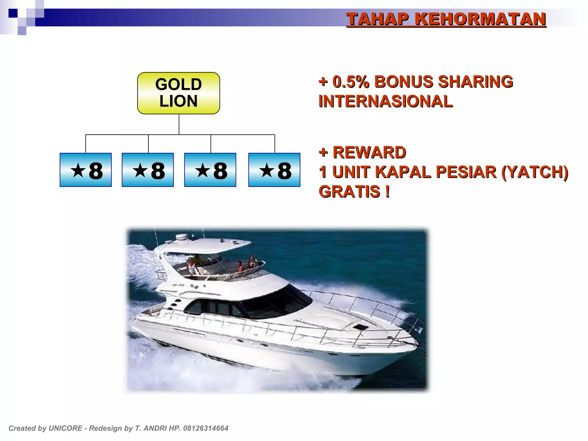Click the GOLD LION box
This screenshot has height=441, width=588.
(x=178, y=93)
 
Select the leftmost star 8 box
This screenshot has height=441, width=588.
(x=86, y=170)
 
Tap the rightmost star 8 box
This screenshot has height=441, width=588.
(x=274, y=170)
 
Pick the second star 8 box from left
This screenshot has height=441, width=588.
(x=148, y=170)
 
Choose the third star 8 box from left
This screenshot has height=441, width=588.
(x=210, y=170)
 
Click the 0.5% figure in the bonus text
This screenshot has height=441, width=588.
(x=351, y=82)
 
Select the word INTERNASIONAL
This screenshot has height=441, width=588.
(x=385, y=101)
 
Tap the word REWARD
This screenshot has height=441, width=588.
(x=369, y=152)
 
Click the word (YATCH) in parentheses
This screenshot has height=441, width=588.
(x=535, y=172)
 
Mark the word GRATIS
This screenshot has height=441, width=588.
(x=349, y=192)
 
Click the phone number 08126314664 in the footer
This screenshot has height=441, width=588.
(x=206, y=428)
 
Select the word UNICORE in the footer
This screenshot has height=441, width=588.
(x=65, y=428)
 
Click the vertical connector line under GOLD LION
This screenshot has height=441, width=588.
(x=179, y=124)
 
